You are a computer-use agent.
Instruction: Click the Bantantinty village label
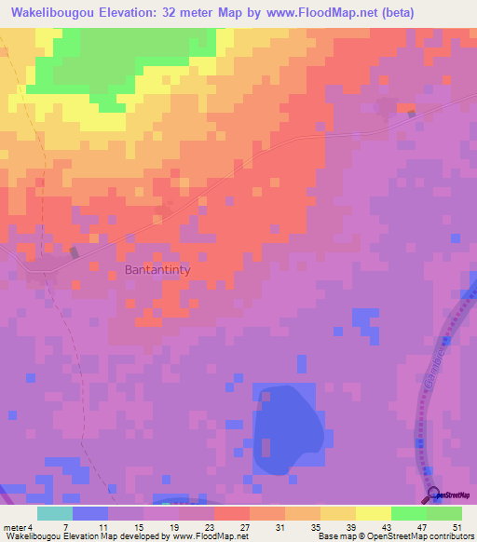point(157,270)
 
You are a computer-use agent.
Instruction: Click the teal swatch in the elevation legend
point(55,513)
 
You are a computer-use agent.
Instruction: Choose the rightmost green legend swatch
point(444,513)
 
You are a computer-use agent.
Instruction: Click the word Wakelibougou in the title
point(52,12)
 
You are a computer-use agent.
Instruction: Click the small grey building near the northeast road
point(411,114)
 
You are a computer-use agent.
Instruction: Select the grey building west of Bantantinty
point(75,252)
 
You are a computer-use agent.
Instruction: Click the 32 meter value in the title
point(192,12)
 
